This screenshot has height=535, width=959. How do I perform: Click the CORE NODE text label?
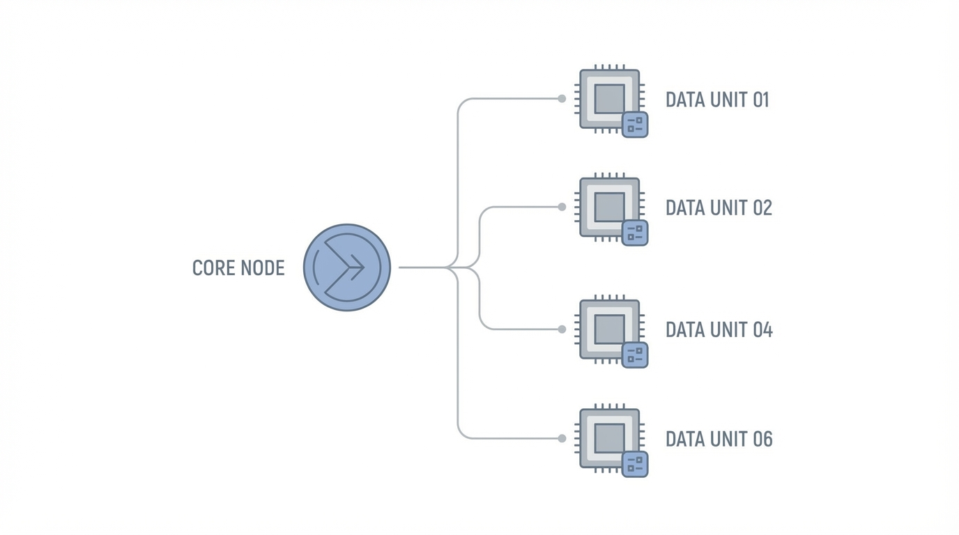(x=238, y=268)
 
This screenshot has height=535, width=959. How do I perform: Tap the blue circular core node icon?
(x=347, y=267)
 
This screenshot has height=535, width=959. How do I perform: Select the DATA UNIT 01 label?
(x=717, y=100)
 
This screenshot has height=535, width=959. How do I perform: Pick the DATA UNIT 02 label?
(x=719, y=208)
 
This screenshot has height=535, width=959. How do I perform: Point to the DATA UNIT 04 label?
(x=719, y=329)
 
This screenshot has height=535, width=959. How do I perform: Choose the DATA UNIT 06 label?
(x=719, y=439)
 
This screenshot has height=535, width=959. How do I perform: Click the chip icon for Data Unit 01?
(x=609, y=98)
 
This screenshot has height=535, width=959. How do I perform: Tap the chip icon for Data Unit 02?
(x=609, y=207)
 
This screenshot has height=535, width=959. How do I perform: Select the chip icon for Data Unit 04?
(x=609, y=329)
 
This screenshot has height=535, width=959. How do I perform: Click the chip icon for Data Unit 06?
(x=609, y=438)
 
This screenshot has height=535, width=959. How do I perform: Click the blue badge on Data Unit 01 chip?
(x=635, y=125)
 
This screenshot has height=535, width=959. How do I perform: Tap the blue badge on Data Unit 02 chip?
(x=635, y=233)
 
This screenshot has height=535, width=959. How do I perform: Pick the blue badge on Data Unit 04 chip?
(x=635, y=355)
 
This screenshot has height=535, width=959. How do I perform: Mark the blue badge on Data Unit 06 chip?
(x=635, y=464)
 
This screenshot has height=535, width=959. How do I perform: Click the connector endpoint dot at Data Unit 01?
(x=562, y=99)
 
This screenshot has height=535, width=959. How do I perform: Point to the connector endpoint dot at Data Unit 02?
(x=562, y=207)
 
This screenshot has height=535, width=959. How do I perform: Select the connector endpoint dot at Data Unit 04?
(x=562, y=329)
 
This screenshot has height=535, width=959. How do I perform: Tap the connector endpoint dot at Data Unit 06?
(x=562, y=438)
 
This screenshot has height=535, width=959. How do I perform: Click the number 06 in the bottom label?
(x=761, y=439)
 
